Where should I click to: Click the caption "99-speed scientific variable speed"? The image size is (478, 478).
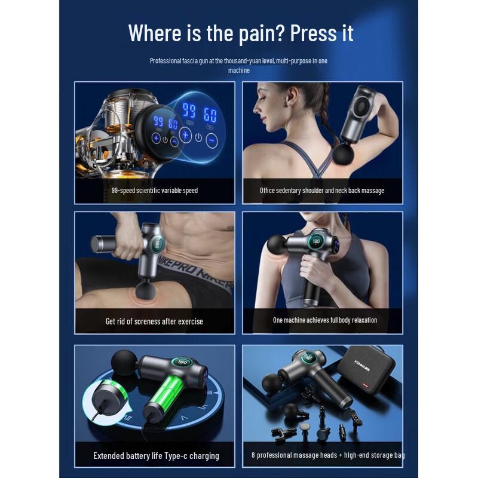155,191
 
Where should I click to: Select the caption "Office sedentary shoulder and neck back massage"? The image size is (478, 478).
322,191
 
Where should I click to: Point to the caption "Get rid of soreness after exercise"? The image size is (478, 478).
154,321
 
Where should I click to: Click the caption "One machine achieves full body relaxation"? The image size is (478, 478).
325,320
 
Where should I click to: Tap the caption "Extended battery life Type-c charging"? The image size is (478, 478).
156,456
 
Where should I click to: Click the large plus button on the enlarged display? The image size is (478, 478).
185,135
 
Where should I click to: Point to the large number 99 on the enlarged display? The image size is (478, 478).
189,110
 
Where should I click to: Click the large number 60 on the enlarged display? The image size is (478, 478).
210,114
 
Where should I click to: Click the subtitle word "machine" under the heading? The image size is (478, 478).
238,71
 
